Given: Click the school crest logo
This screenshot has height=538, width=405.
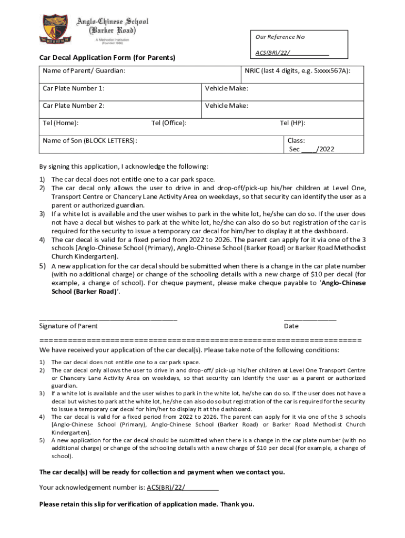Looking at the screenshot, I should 55,28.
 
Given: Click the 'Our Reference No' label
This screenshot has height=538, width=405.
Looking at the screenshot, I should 280,37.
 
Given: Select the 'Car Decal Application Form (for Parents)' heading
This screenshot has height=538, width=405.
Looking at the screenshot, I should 107,57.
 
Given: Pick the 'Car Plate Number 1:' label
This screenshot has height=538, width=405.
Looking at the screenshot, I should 74,88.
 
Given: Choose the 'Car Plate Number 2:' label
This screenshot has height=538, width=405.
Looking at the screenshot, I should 74,106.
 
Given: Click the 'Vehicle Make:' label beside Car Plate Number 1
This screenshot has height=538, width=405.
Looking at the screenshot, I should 226,88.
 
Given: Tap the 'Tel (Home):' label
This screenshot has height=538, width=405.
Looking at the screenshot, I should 61,123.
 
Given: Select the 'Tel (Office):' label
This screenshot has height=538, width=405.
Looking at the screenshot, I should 169,123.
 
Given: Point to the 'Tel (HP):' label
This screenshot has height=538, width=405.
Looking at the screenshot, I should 292,123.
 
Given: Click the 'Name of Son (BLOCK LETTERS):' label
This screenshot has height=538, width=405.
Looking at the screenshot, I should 90,140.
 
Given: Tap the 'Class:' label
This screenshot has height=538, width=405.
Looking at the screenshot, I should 296,140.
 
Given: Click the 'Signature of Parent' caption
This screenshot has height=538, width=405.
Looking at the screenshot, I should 68,326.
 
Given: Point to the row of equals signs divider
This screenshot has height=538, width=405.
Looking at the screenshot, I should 200,340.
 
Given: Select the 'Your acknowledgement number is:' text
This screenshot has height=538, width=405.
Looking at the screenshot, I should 92,487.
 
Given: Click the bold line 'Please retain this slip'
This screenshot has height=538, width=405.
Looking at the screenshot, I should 146,504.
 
